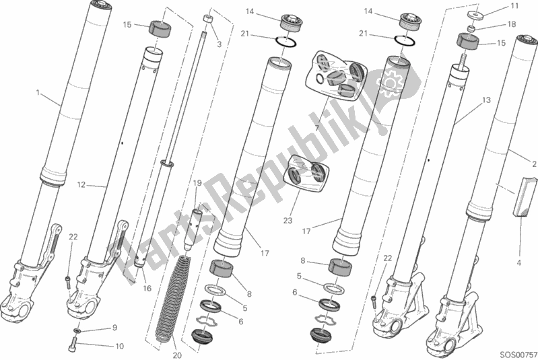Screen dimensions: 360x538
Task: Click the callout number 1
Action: pos(38,92)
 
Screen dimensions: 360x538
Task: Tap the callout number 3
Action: pos(218,44)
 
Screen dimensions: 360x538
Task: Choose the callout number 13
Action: pos(485,100)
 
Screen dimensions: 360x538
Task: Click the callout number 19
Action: pos(197,183)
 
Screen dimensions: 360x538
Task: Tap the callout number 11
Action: pos(515,6)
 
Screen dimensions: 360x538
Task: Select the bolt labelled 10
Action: pos(74,347)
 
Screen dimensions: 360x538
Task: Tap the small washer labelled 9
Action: pos(78,331)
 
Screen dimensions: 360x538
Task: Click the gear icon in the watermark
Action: pos(390,83)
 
